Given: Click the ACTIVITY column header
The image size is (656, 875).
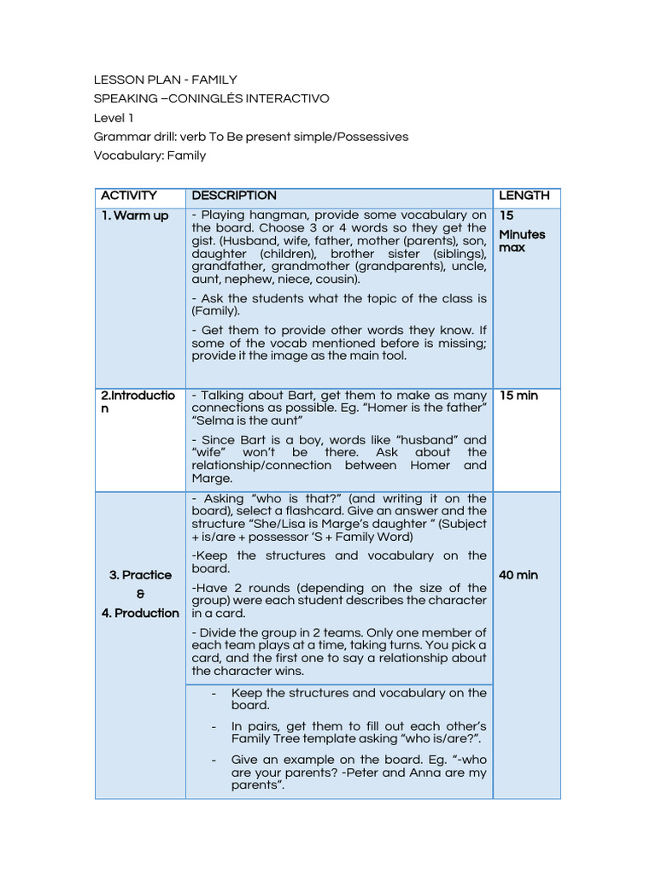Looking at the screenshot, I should coord(128,196).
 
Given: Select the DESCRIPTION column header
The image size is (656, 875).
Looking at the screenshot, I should coord(234,196).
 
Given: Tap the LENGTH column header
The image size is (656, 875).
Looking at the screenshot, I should coord(524,196).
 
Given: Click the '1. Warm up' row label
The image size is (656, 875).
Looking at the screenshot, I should coord(135,215).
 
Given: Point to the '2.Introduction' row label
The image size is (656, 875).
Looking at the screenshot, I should coord(138,402).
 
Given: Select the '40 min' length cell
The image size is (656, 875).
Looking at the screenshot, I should coord(518,575).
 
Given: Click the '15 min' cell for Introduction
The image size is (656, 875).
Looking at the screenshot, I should coord(518,396).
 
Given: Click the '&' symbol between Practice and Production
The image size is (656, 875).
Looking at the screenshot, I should coord(140,594).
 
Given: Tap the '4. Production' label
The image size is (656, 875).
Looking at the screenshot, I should coord(140,613).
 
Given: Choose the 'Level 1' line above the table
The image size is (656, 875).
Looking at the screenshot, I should coord(113,118).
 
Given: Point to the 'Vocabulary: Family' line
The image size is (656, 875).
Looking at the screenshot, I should coord(149,156).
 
